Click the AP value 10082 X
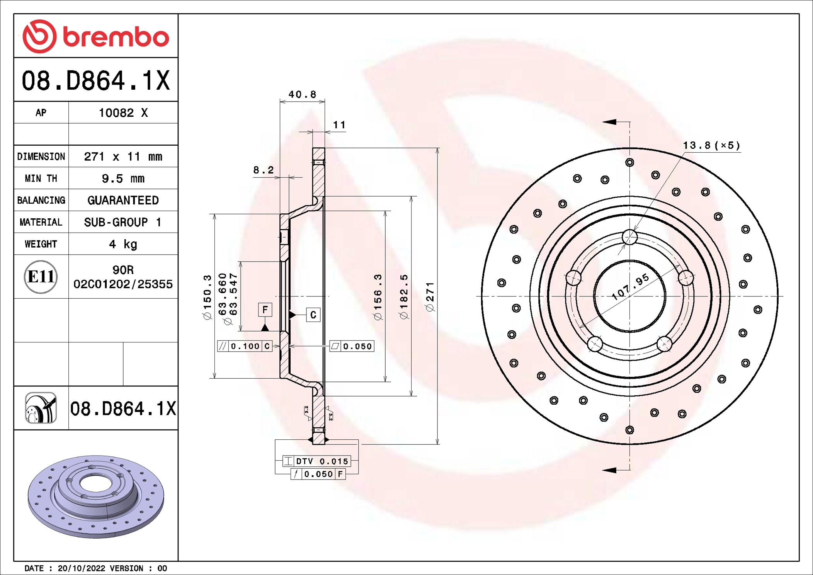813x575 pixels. click(x=123, y=113)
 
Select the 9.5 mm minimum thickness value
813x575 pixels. click(x=123, y=179)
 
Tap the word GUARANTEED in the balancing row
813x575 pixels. click(x=123, y=200)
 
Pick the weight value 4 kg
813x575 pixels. click(x=123, y=244)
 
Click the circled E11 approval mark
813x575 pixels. click(x=41, y=277)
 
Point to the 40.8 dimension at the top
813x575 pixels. click(x=302, y=94)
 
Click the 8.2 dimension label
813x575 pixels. click(x=264, y=170)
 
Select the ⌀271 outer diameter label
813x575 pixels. click(x=430, y=297)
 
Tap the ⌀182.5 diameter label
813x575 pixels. click(x=404, y=297)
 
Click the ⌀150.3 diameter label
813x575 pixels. click(x=208, y=297)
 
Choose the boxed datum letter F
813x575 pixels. click(x=265, y=310)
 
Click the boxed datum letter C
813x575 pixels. click(x=313, y=315)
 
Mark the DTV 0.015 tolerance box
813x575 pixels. click(x=317, y=461)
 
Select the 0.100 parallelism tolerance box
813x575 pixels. click(x=245, y=346)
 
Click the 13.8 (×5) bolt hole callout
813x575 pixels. click(x=711, y=146)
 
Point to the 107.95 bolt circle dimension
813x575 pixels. click(x=631, y=287)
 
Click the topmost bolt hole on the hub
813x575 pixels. click(x=629, y=237)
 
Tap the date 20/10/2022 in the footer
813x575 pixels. click(x=81, y=568)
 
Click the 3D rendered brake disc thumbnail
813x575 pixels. click(x=96, y=496)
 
